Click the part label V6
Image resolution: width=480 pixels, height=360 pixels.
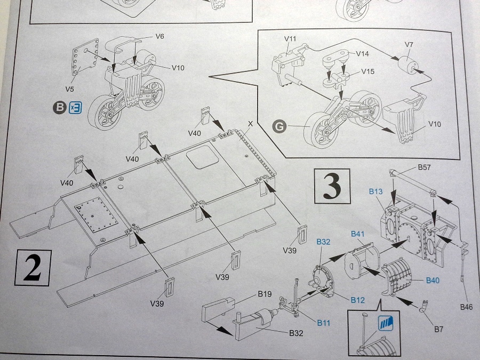(159, 36)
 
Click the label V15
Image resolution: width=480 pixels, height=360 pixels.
(367, 71)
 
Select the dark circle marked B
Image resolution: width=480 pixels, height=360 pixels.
(59, 107)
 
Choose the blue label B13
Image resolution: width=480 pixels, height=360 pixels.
(376, 190)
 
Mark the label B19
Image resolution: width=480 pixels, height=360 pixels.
(265, 294)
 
